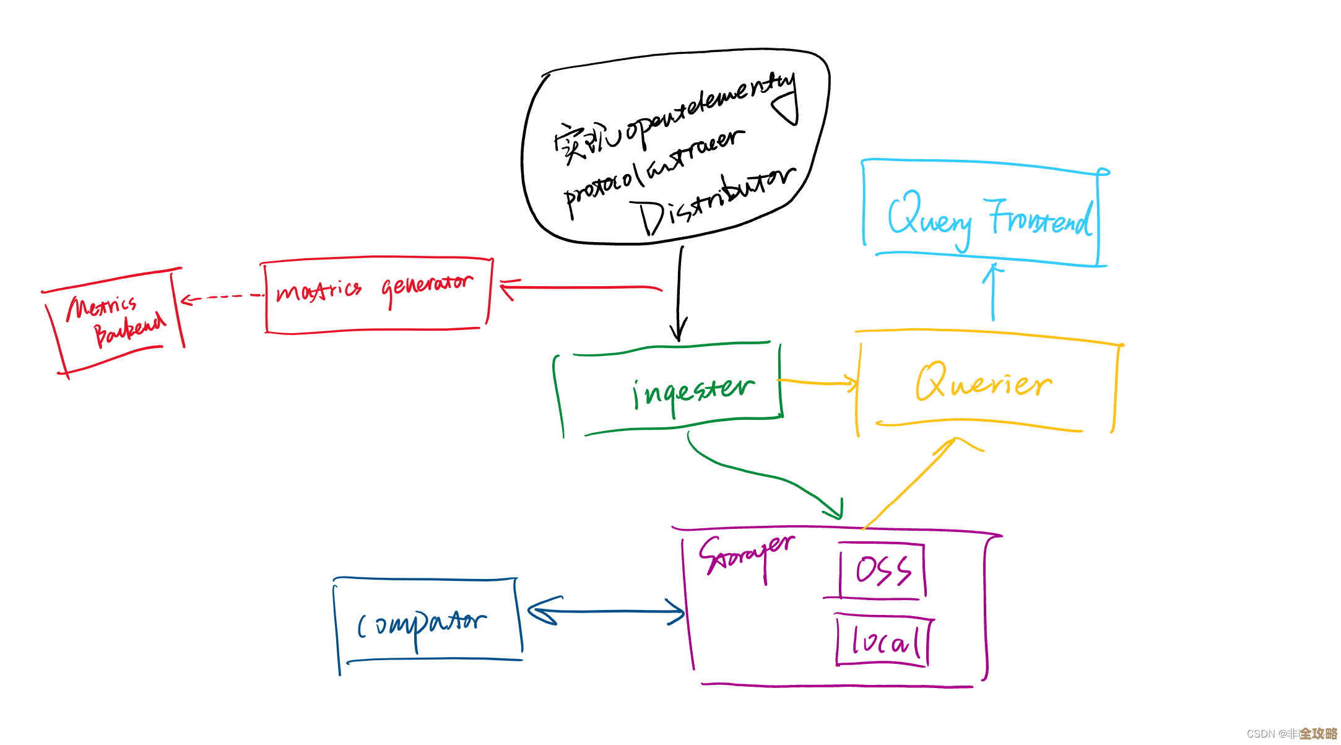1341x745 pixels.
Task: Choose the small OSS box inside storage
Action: click(882, 570)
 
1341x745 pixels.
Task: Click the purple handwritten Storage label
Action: click(746, 554)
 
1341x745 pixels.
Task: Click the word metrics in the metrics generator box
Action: click(319, 290)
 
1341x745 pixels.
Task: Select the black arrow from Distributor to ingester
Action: click(680, 291)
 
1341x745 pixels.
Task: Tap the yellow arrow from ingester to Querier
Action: click(817, 382)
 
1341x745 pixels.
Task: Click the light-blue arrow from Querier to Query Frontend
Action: click(993, 291)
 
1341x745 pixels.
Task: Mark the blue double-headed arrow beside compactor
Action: click(607, 612)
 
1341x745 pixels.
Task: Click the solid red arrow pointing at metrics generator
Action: click(582, 287)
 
